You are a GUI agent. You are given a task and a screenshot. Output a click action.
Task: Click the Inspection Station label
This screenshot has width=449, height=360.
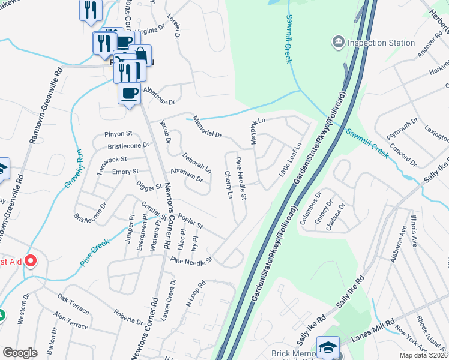(381, 43)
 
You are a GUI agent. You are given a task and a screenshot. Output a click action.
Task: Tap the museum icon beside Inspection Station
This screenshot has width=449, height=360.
(337, 43)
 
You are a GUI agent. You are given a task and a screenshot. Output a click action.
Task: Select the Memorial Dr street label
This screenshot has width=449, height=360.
(205, 127)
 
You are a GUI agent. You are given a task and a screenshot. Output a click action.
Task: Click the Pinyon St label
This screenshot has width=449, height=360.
(118, 133)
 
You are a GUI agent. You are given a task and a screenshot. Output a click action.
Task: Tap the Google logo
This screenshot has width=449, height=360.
(20, 352)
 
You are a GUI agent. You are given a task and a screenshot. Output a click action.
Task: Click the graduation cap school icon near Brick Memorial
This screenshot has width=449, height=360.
(328, 347)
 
